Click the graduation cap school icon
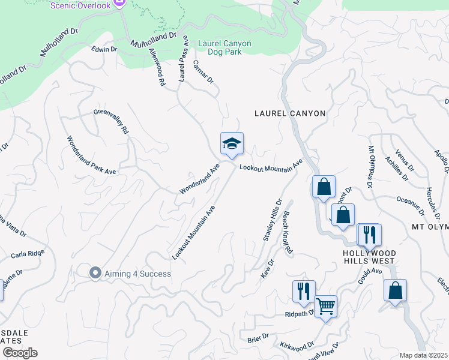232,144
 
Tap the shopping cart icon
325,307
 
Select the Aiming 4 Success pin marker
95,274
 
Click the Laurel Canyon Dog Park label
224,48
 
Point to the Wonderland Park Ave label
91,154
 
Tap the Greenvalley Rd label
112,121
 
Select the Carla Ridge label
28,254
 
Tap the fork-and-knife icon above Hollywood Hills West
369,234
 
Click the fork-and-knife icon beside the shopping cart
304,292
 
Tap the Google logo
20,353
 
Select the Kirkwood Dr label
297,346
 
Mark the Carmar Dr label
203,71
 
